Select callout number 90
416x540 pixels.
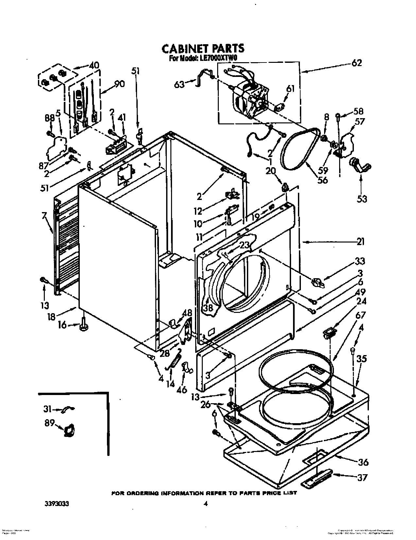(119, 84)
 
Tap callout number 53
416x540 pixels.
(362, 199)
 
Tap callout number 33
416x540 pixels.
(360, 261)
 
